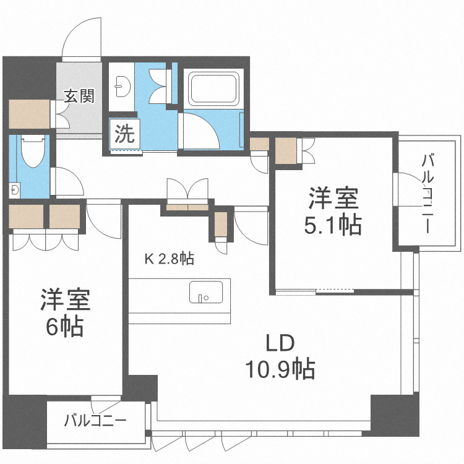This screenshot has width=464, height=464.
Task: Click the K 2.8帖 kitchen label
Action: point(170,259)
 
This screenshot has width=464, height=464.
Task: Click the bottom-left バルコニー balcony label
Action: point(96,421)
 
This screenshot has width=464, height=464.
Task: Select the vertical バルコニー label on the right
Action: point(427,192)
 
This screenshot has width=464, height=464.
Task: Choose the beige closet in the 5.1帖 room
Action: point(286,150)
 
